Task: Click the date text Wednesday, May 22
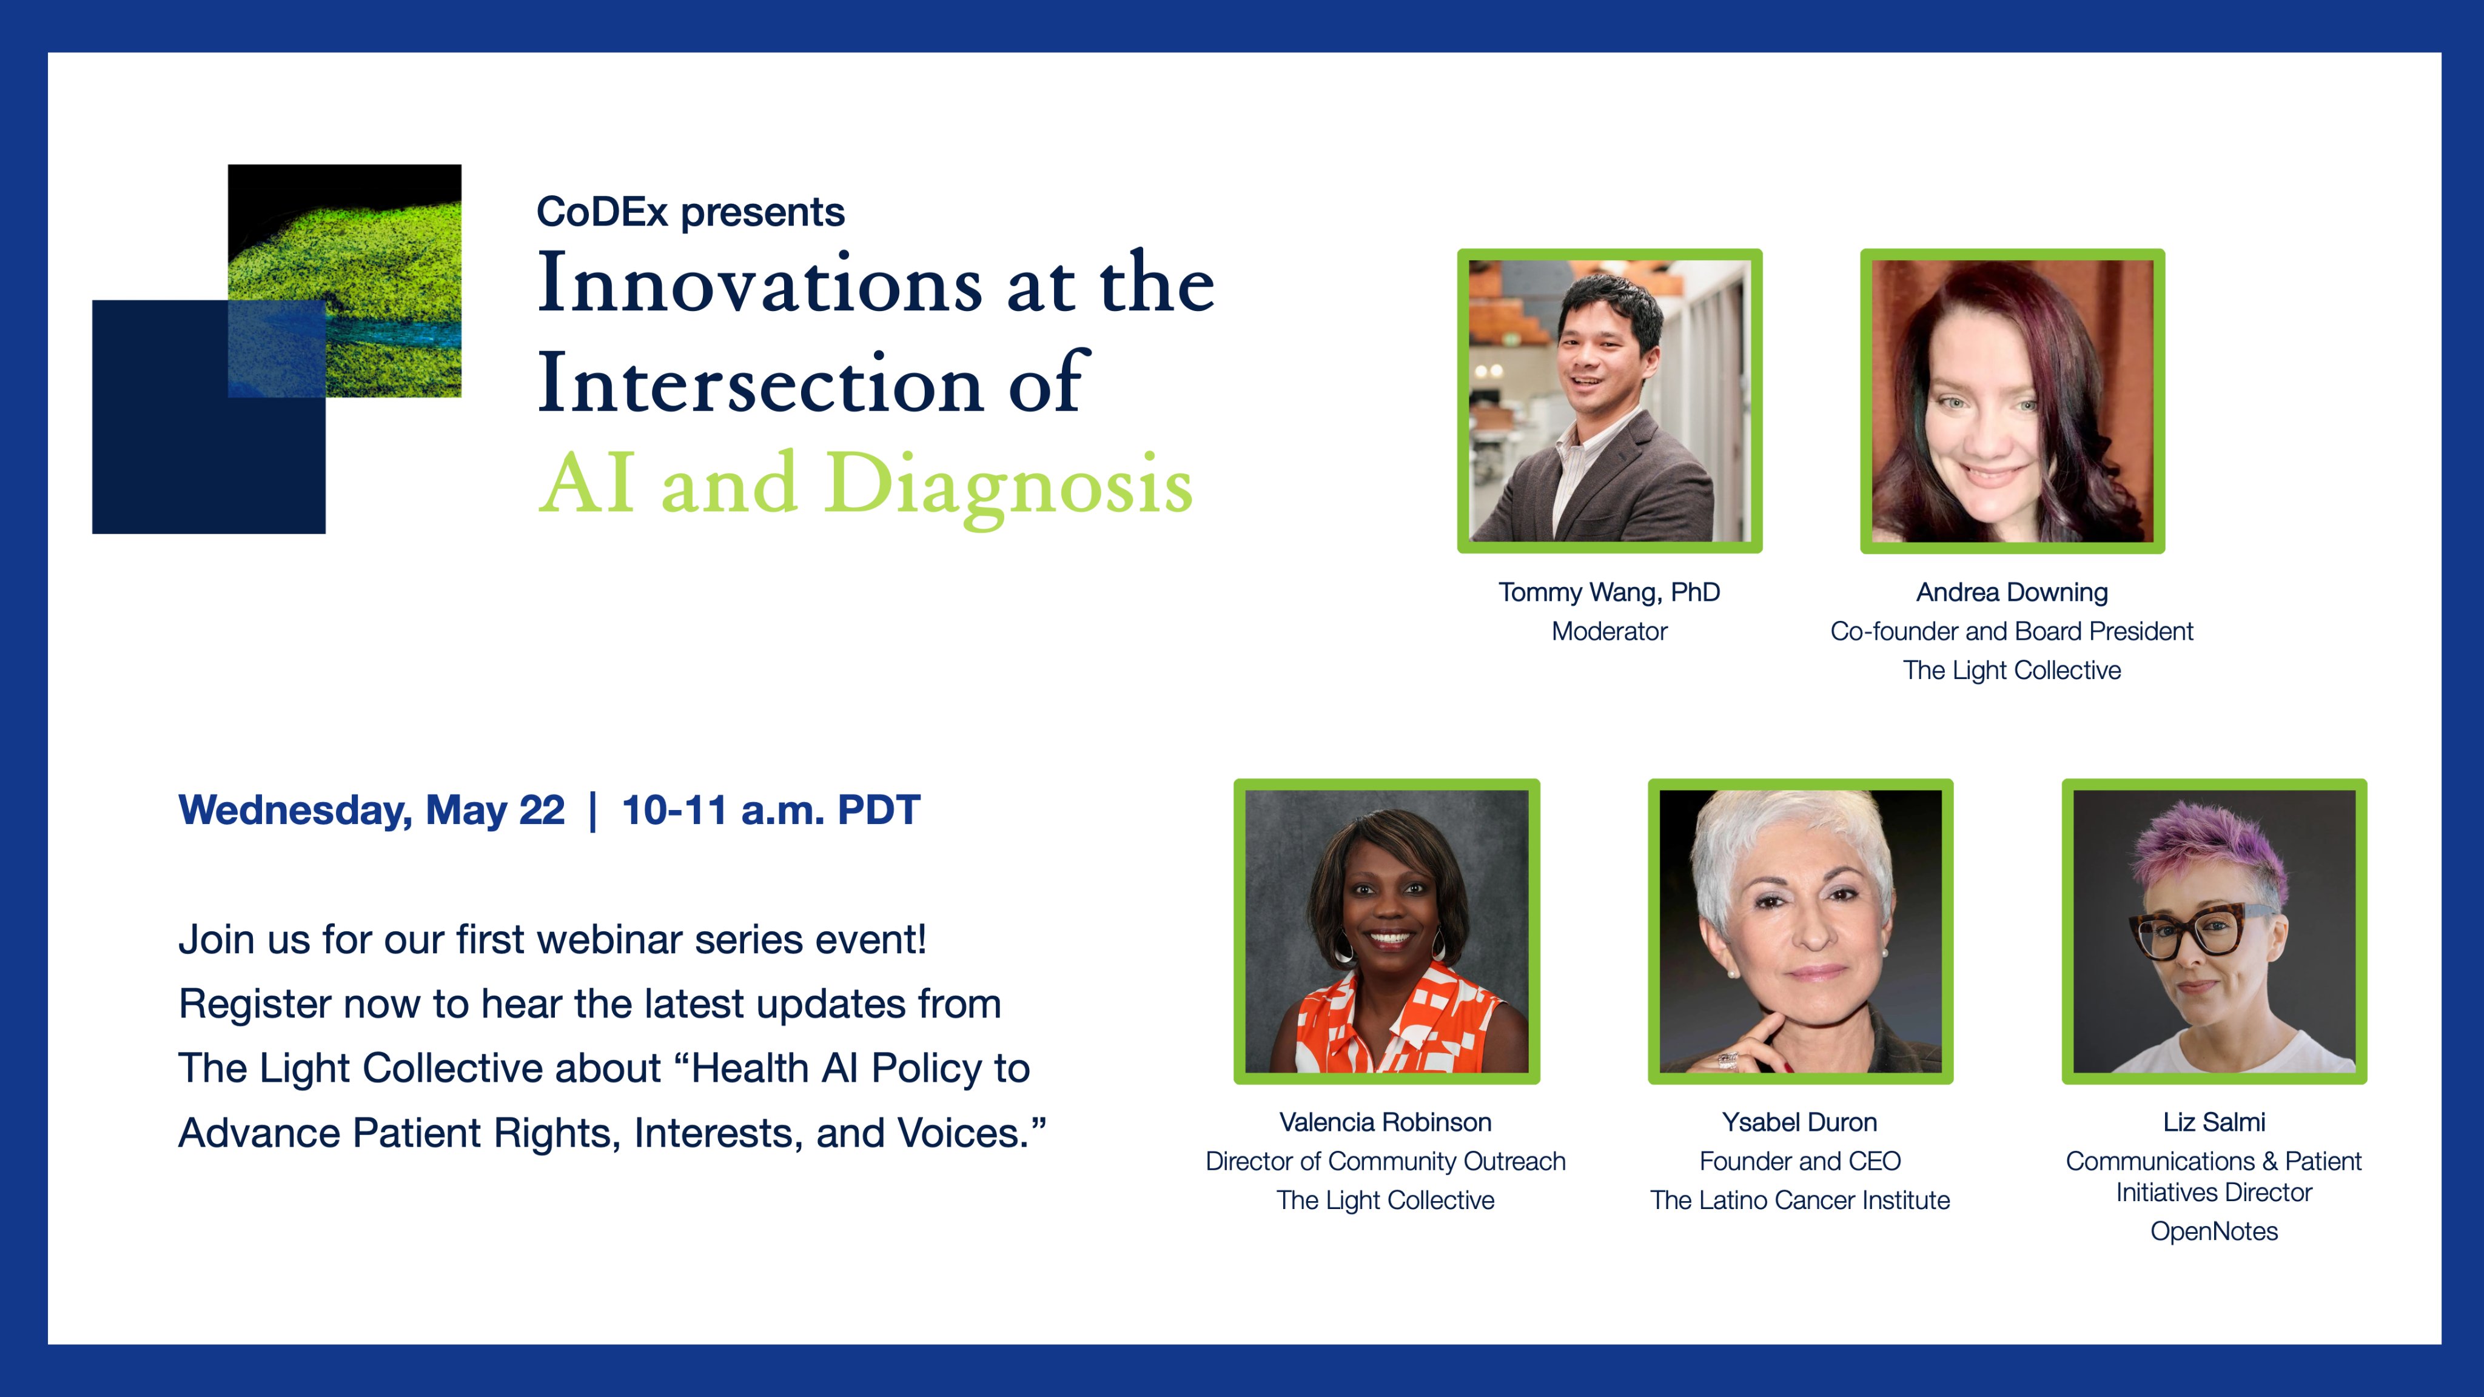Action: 372,811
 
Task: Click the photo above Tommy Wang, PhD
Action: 1610,401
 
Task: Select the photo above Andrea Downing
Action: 2012,401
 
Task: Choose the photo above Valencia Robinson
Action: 1387,931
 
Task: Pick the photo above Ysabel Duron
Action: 1801,931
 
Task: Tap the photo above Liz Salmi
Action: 2214,931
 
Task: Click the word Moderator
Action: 1610,631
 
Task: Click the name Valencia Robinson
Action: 1386,1122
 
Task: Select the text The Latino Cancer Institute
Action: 1801,1201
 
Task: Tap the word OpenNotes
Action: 2214,1232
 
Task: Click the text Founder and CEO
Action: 1801,1162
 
